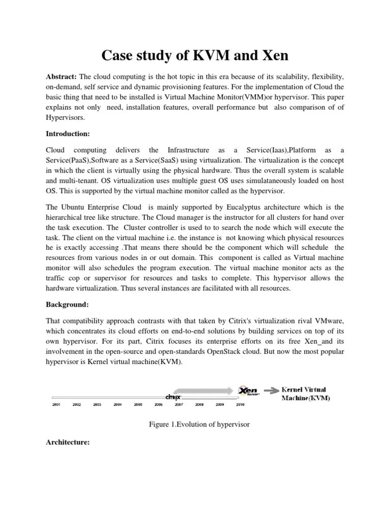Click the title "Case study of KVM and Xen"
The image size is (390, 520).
194,54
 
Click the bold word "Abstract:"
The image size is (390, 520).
61,77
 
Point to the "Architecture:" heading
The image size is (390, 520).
68,442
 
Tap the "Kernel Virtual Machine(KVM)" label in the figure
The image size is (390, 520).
306,394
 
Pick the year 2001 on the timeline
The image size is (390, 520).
56,405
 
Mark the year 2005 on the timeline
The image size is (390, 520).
138,405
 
